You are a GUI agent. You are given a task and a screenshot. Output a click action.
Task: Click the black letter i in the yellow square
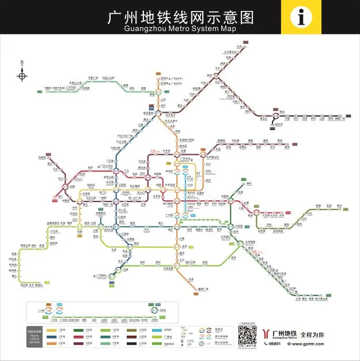(x=301, y=17)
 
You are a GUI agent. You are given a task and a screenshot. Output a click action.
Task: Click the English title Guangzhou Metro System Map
(x=180, y=27)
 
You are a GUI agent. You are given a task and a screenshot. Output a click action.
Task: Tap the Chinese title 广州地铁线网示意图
(x=180, y=15)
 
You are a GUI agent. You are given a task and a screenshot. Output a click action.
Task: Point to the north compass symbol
(x=22, y=74)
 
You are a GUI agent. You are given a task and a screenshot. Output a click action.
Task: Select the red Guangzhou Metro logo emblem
(x=266, y=333)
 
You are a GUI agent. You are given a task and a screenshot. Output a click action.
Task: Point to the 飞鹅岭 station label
(x=51, y=88)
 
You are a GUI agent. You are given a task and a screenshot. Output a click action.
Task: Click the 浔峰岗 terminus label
(x=41, y=157)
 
